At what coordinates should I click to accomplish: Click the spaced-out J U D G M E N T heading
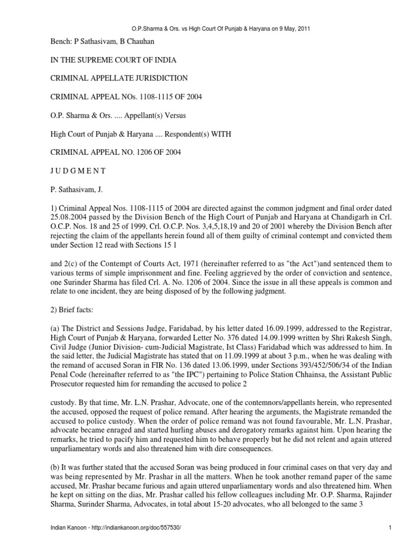[75, 170]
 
